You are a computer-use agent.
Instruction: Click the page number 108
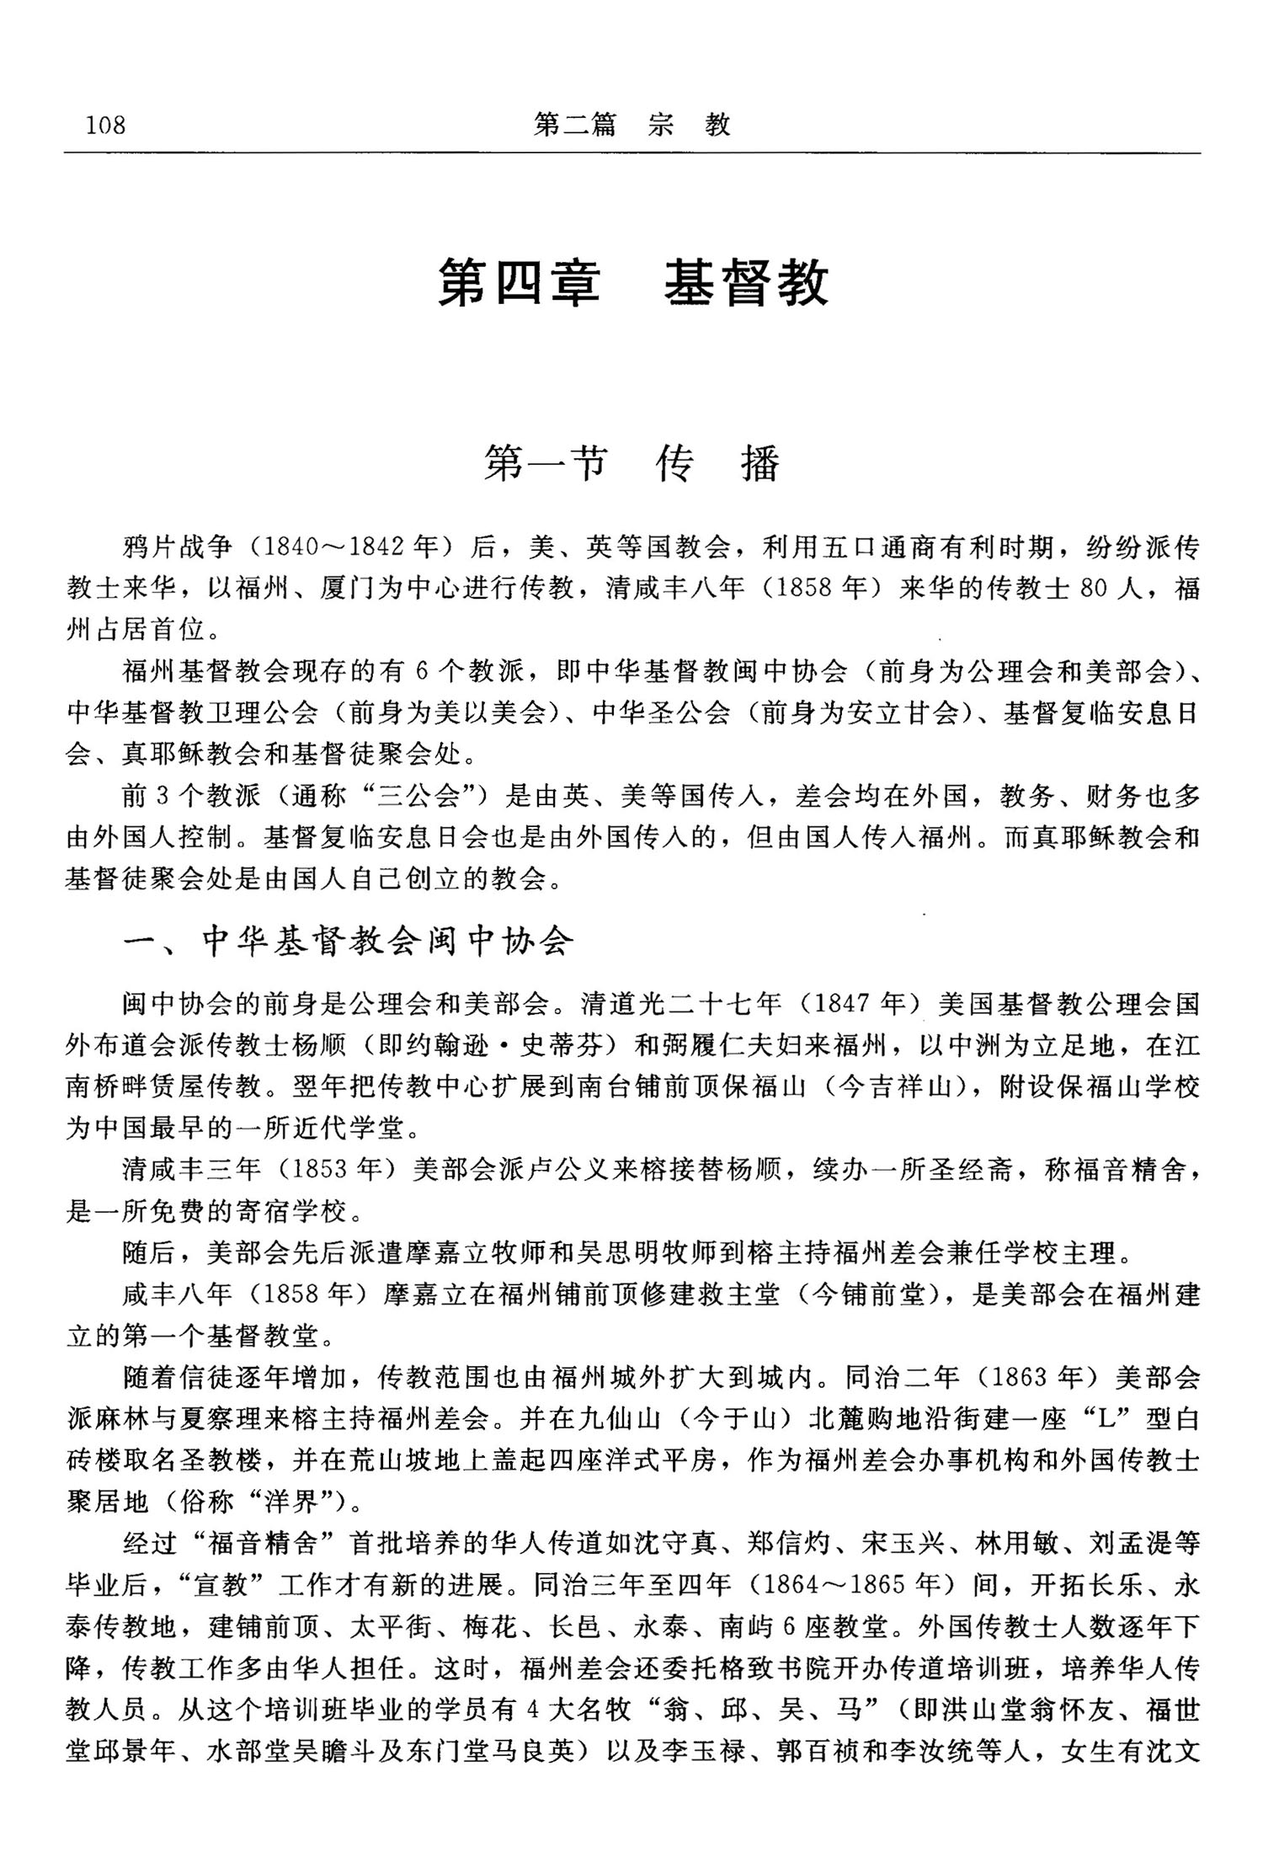[105, 125]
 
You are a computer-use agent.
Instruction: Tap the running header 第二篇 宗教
[631, 125]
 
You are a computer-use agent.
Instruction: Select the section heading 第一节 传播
[632, 463]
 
